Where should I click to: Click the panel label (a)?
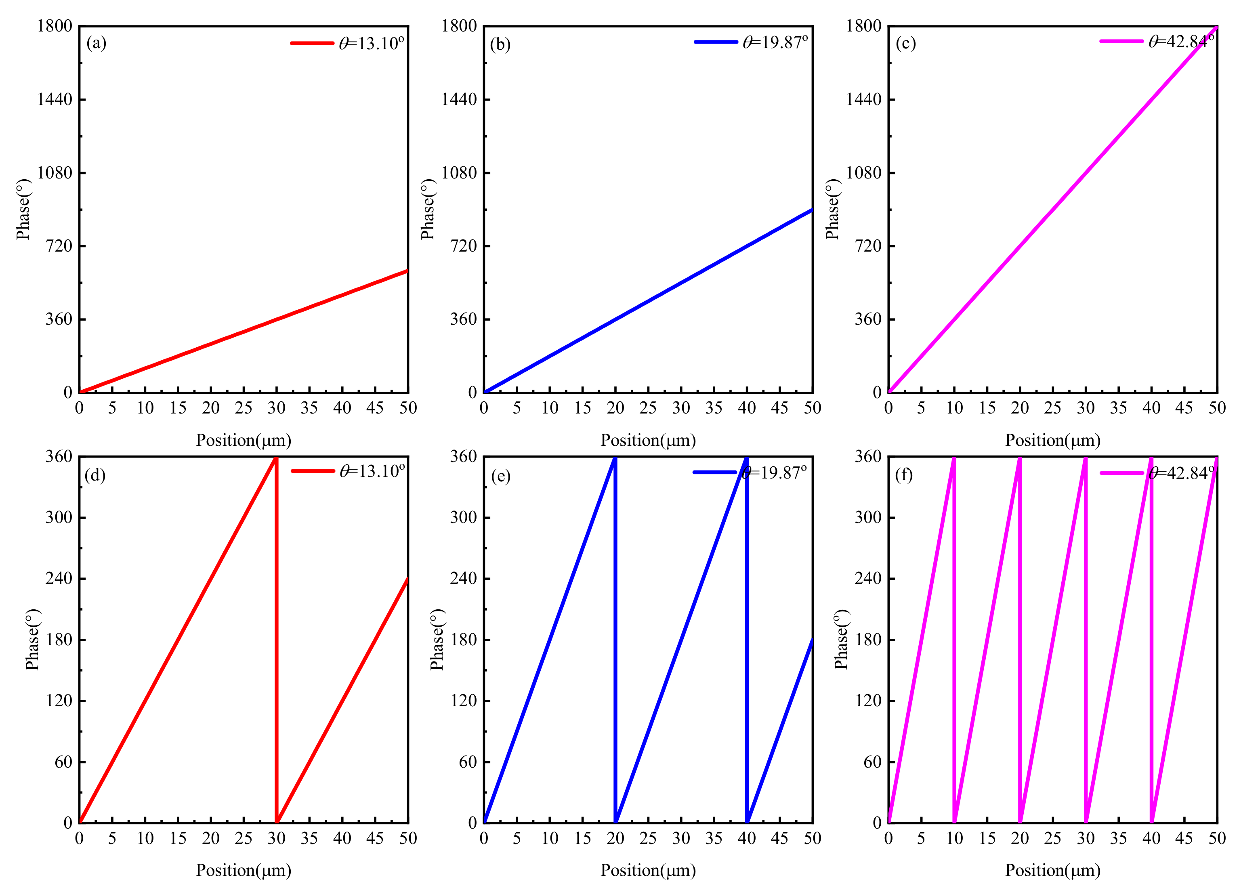[x=96, y=43]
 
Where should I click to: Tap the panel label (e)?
[x=500, y=475]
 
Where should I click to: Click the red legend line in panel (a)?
[x=312, y=43]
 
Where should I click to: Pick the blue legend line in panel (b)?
[x=716, y=42]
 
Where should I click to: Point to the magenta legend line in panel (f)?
[x=1121, y=472]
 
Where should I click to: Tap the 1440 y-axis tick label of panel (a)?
[x=55, y=99]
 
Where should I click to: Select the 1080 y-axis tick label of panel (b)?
[x=459, y=173]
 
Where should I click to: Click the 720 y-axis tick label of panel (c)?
[x=868, y=246]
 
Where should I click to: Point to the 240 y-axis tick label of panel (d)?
[x=59, y=578]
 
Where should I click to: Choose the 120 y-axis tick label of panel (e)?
[x=463, y=701]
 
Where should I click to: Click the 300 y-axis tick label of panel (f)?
[x=868, y=517]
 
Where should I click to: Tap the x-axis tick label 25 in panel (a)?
[x=244, y=408]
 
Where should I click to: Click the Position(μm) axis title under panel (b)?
[x=648, y=440]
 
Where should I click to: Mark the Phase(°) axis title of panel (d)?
[x=33, y=639]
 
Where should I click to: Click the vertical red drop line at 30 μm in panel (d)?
[x=276, y=639]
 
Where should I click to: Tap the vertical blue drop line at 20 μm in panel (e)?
[x=615, y=639]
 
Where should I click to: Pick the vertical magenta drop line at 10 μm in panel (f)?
[x=954, y=639]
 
